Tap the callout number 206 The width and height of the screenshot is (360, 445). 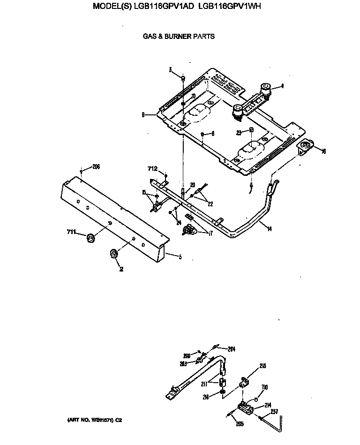point(96,166)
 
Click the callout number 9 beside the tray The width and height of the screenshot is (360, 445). point(142,114)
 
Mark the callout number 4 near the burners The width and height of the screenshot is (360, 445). point(282,86)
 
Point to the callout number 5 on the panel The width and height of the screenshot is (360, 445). point(180,256)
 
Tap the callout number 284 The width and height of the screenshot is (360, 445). point(231,349)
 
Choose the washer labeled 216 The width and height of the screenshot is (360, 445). point(222,392)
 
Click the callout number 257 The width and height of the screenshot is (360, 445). point(274,412)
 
